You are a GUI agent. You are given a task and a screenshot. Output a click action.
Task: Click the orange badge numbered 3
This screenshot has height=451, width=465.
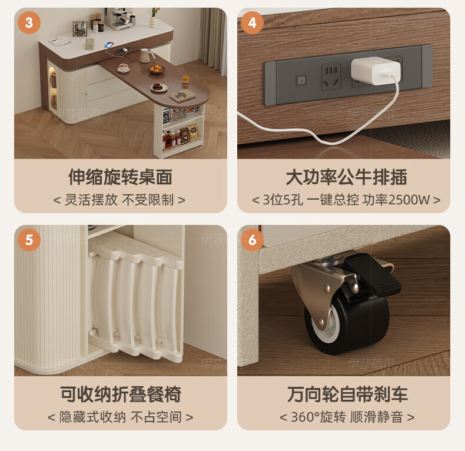(29, 23)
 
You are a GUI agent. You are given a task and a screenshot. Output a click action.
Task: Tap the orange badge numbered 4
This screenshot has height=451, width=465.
(252, 23)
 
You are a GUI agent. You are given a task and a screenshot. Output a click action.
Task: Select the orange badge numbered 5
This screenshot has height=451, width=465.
(29, 240)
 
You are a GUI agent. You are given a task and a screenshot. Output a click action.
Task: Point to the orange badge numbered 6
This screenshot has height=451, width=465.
(252, 240)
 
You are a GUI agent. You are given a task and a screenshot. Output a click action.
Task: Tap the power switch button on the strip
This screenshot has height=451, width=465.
(301, 80)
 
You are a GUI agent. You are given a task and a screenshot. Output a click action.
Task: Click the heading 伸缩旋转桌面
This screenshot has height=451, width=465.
(121, 177)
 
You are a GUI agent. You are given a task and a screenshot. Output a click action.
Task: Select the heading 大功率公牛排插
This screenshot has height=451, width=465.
(346, 177)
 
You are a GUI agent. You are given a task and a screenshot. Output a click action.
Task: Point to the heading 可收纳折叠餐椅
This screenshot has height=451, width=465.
(121, 394)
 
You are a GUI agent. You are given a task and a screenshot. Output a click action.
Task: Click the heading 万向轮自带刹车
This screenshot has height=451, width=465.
(347, 394)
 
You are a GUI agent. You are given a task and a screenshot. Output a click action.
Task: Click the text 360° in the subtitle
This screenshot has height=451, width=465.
(304, 417)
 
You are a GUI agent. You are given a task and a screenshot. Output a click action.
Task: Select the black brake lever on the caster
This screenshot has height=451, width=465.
(371, 274)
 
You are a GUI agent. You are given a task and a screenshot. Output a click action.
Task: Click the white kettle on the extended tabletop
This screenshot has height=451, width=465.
(146, 55)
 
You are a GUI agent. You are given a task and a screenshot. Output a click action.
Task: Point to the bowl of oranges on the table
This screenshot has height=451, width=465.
(157, 69)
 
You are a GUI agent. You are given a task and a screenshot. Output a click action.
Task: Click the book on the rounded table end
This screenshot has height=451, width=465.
(182, 95)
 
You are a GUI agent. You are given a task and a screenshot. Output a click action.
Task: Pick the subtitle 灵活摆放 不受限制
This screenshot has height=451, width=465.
(119, 200)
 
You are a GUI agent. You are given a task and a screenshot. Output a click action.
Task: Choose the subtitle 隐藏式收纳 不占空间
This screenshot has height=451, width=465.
(121, 417)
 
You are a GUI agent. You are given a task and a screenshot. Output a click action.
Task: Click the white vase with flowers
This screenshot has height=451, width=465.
(153, 18)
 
